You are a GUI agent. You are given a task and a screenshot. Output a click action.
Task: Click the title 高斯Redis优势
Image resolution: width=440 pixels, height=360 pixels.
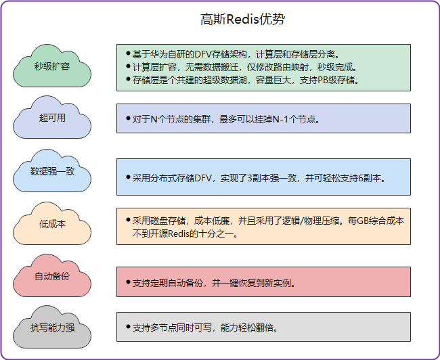(242, 20)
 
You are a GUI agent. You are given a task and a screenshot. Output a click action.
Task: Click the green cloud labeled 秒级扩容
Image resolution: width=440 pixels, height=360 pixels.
(52, 66)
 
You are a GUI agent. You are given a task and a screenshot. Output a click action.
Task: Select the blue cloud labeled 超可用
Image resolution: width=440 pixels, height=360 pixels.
(52, 118)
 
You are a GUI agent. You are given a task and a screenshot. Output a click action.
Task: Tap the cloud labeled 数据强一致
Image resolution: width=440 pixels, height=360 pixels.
(52, 171)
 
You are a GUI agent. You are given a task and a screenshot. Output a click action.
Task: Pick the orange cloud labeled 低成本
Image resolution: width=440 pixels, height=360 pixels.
(52, 224)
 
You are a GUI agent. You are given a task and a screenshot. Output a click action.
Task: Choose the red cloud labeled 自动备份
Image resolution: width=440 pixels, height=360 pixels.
(52, 277)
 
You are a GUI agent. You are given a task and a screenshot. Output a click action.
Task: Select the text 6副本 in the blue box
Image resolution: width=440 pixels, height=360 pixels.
(368, 178)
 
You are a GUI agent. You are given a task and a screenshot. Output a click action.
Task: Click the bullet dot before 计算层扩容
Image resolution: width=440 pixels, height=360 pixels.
(128, 66)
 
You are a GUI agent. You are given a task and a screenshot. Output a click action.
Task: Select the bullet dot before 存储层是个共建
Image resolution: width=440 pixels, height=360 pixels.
(128, 79)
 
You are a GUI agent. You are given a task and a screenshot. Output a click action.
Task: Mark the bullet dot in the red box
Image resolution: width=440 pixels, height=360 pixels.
(128, 282)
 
